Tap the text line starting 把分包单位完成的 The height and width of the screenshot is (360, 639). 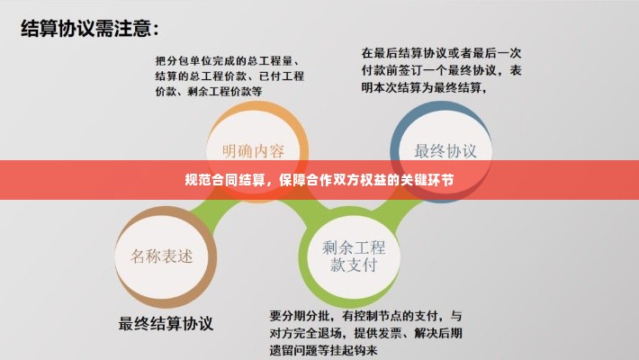[x=227, y=60]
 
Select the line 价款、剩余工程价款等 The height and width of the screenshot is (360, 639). [x=208, y=91]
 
